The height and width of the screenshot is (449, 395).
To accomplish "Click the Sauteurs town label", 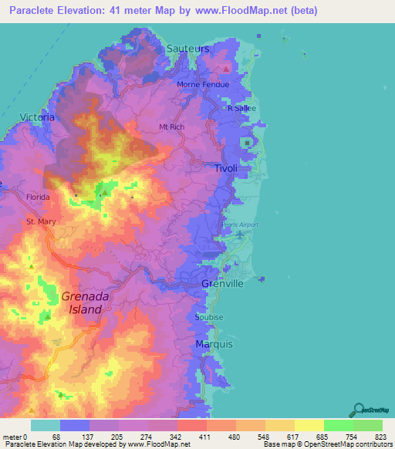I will [188, 48].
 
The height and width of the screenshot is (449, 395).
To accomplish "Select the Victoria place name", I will [36, 117].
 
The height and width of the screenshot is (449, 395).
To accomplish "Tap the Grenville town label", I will [223, 284].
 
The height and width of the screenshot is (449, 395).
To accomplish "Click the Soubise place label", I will [209, 317].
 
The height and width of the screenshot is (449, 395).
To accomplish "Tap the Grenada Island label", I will [81, 302].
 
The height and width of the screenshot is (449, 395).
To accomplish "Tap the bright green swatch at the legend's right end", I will [368, 425].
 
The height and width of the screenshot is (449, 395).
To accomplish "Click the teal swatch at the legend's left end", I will [46, 425].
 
